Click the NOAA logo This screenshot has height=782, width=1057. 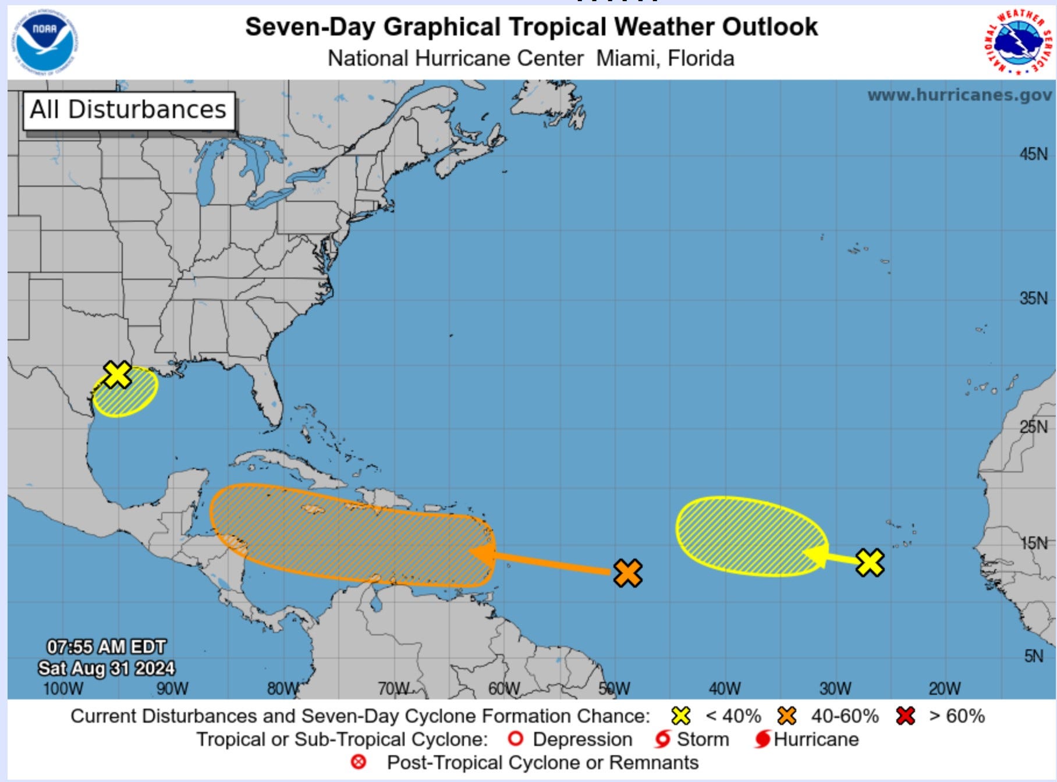(45, 41)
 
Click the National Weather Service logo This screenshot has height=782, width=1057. (1019, 42)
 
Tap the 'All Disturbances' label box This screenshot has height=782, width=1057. (129, 110)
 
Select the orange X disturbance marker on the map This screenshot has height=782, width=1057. (627, 573)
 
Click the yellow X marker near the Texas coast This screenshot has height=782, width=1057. (118, 374)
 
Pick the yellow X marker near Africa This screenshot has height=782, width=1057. (870, 563)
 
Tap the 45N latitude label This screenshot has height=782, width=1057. (1033, 154)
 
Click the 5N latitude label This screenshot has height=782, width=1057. (1033, 656)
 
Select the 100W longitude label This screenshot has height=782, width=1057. (63, 689)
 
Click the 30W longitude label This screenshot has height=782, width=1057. (835, 689)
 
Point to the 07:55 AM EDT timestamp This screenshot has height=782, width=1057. (107, 647)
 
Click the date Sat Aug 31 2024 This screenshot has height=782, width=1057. (107, 668)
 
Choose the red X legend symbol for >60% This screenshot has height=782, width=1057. (906, 716)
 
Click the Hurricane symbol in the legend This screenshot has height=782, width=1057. (762, 740)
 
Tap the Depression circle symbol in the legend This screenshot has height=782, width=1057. (515, 739)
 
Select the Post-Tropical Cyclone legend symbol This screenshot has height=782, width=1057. (359, 762)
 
